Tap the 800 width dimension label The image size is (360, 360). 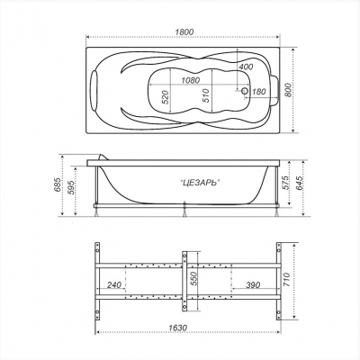tap(288, 90)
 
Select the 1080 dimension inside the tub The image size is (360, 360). tap(191, 80)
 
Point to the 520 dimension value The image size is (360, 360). tap(166, 97)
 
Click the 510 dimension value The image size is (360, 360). tap(206, 95)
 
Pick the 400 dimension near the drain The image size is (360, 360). tap(246, 67)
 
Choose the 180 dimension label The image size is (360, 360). tap(259, 91)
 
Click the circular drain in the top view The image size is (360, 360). tap(245, 91)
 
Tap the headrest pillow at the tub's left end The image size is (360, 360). tap(94, 89)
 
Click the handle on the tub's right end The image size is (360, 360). tap(274, 90)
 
